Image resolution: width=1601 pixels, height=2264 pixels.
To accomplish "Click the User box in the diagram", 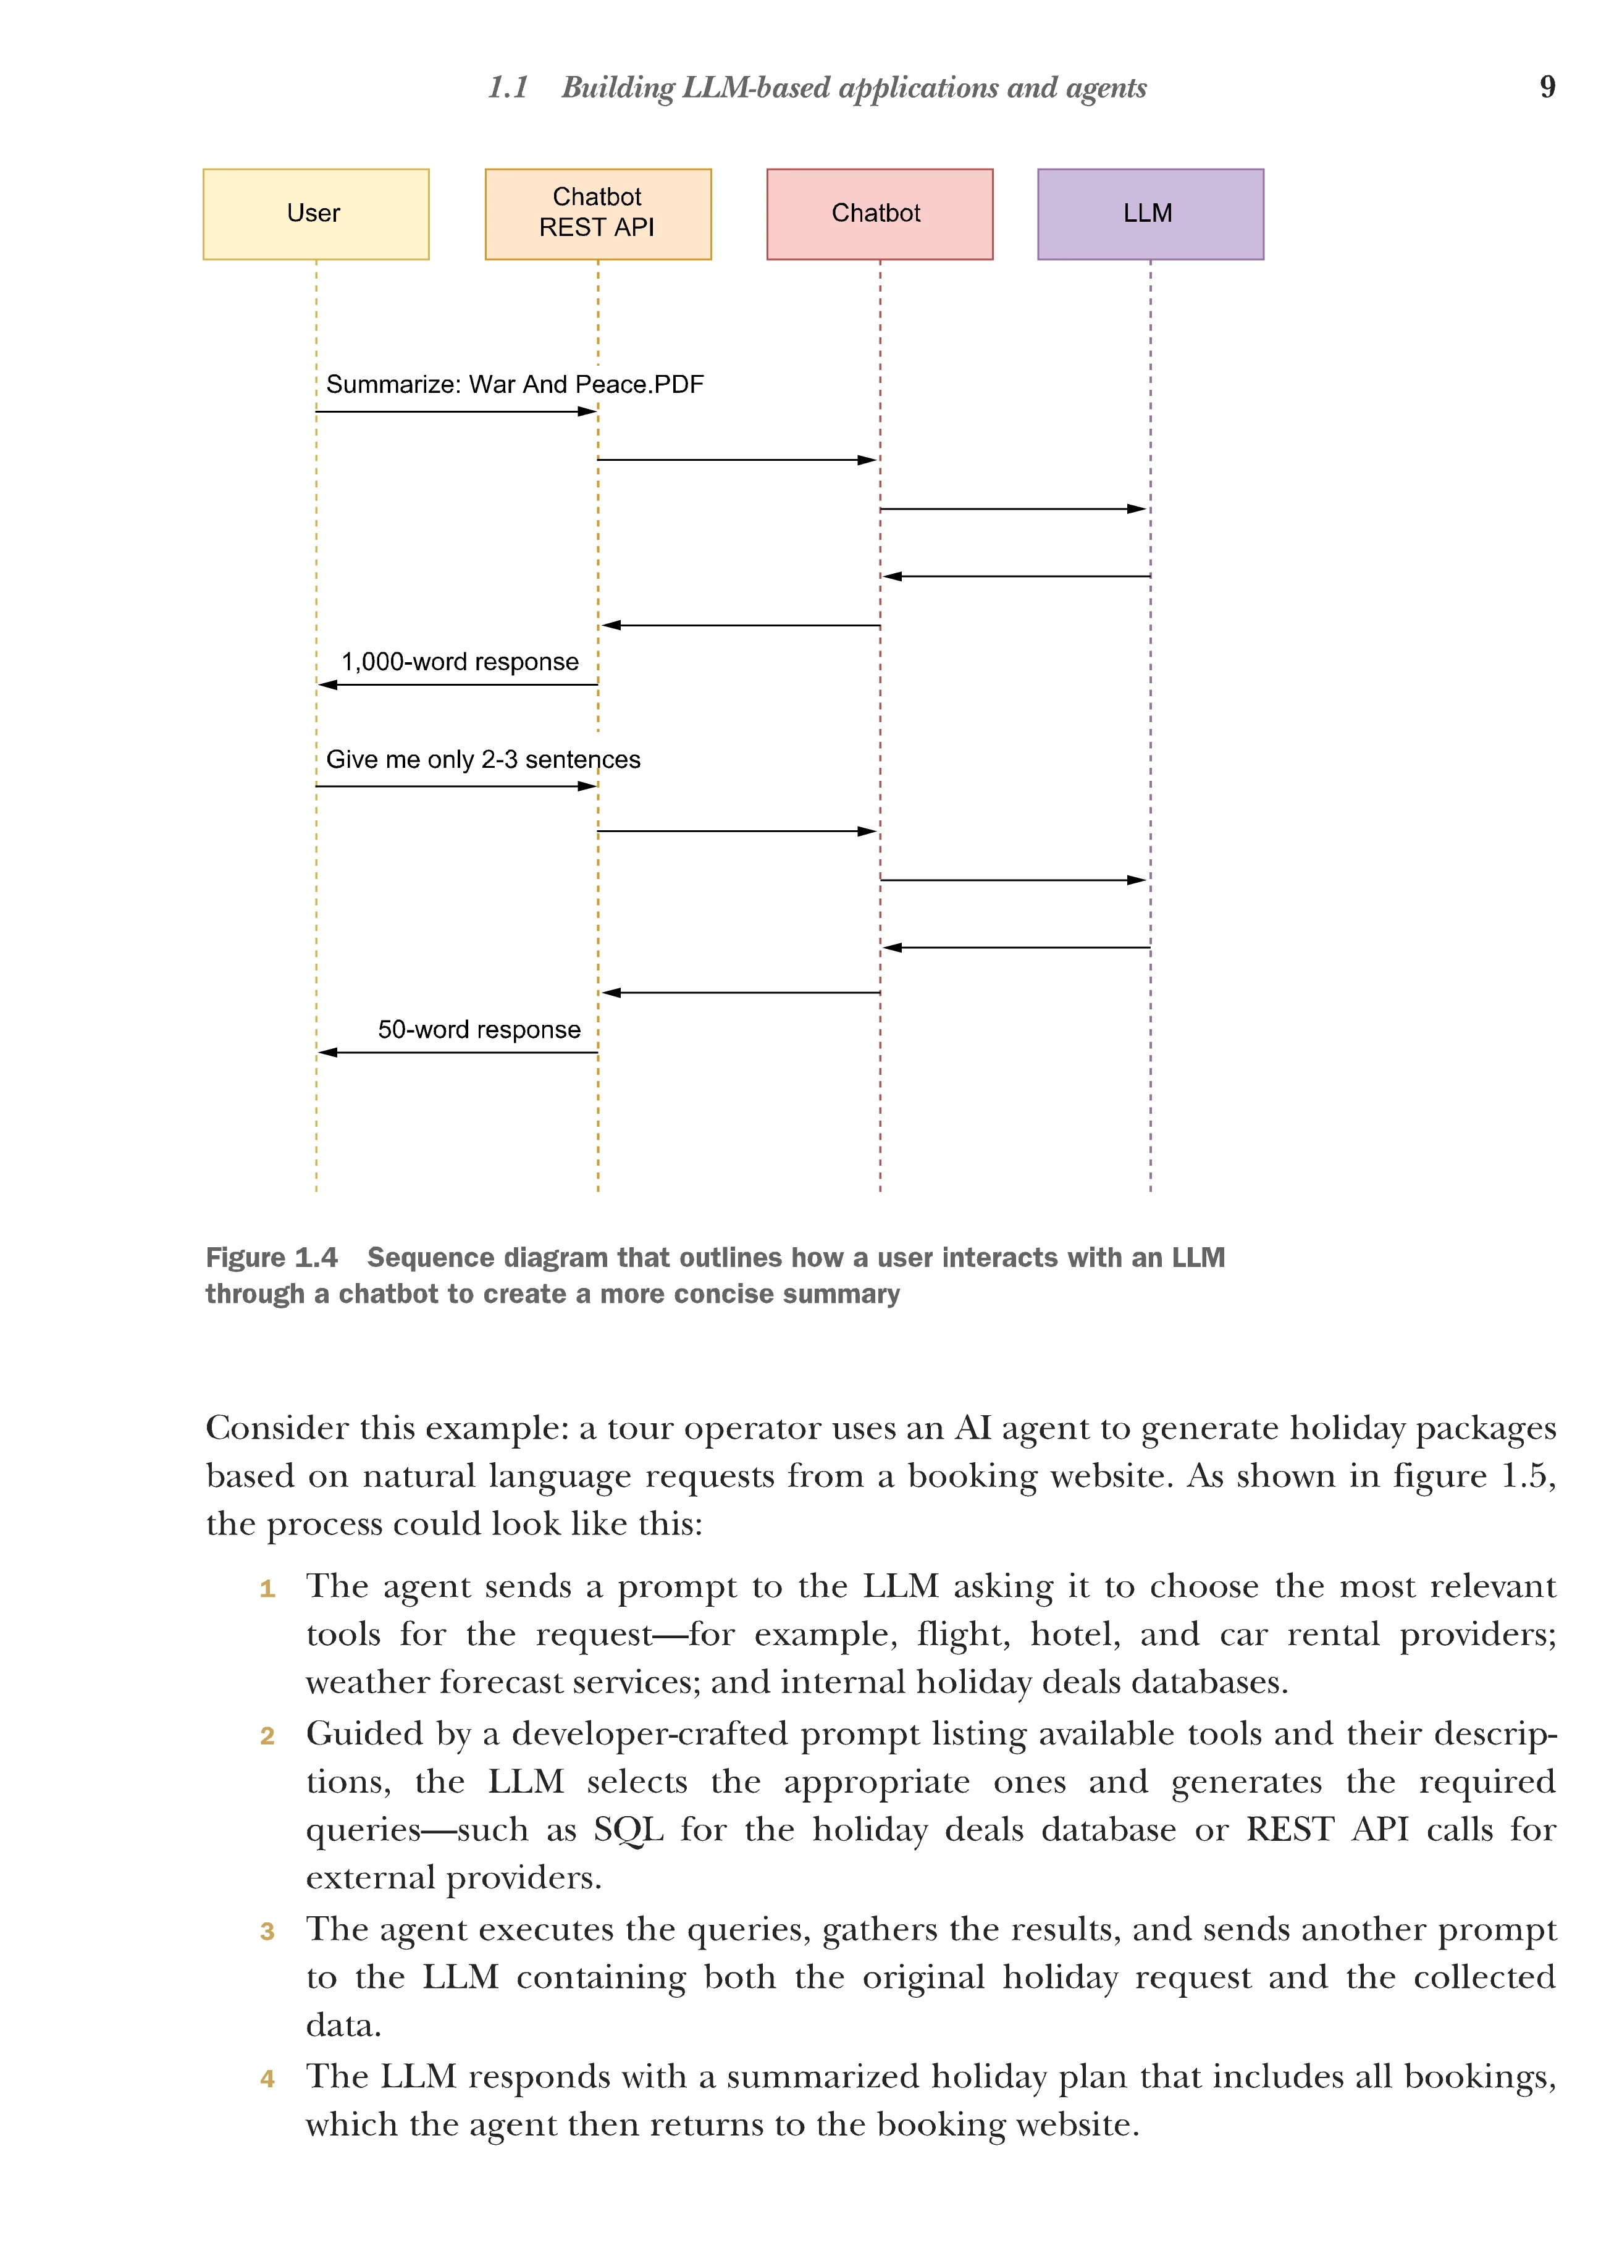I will pyautogui.click(x=316, y=214).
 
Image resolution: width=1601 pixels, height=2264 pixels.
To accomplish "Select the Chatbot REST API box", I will pyautogui.click(x=597, y=214).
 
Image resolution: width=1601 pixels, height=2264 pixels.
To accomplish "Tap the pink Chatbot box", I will pyautogui.click(x=880, y=214).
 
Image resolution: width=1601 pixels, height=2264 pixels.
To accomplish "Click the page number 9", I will pyautogui.click(x=1547, y=86).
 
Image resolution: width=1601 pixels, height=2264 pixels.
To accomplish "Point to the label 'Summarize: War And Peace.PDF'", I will pyautogui.click(x=515, y=385).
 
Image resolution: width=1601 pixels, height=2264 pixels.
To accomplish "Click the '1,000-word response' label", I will pyautogui.click(x=460, y=662).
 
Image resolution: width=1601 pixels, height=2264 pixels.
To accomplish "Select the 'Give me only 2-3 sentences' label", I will pyautogui.click(x=483, y=759).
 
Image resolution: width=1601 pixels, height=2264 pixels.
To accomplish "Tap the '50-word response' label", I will pyautogui.click(x=479, y=1029).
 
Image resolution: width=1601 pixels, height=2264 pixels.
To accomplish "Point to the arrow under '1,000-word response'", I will pyautogui.click(x=458, y=684).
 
